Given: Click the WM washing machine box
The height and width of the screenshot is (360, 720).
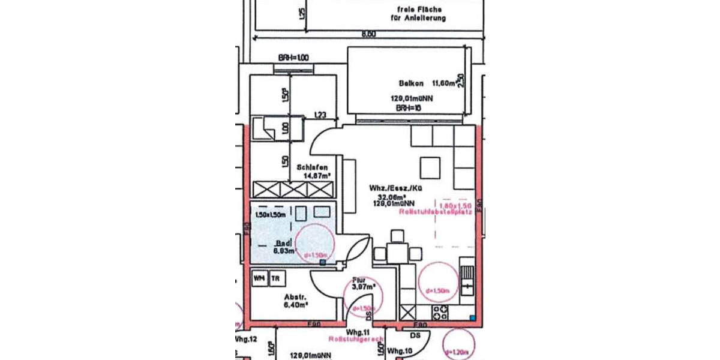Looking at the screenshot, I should tap(259, 279).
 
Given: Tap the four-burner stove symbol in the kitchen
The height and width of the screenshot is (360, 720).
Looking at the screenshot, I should tap(440, 312).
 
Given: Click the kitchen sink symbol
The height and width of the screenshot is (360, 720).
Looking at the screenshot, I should tap(467, 280).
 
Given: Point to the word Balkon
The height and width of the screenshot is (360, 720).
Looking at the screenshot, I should tap(411, 83).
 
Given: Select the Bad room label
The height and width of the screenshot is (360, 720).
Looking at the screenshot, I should tap(281, 243).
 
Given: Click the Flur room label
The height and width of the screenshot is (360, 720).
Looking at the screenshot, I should tap(358, 280).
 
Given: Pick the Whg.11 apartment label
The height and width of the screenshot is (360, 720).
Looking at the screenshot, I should tap(358, 332).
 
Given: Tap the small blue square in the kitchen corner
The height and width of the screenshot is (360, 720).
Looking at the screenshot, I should tap(473, 317).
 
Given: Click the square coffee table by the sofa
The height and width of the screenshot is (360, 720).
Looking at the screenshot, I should tap(430, 164).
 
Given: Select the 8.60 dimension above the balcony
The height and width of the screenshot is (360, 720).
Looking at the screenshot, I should tap(368, 35).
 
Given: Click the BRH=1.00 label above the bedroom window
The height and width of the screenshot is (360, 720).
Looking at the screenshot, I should tap(293, 58).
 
